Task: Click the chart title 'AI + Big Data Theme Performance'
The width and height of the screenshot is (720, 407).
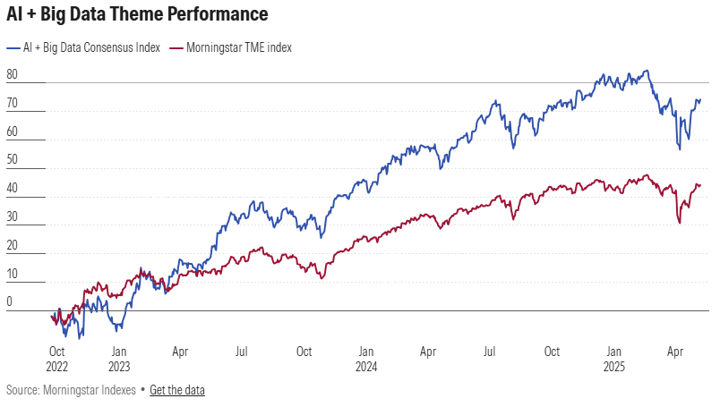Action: [x=137, y=15]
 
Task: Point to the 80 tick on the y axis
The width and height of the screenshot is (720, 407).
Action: [x=12, y=74]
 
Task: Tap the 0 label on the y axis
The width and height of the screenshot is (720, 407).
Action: [x=9, y=302]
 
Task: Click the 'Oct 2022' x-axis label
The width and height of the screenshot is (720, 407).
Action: [x=57, y=360]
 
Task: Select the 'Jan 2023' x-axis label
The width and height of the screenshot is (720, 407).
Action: [x=119, y=360]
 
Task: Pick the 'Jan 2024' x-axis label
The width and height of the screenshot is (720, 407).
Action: [x=365, y=360]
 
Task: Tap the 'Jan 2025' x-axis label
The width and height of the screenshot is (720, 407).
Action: [x=613, y=360]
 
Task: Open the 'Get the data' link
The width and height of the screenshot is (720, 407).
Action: [x=177, y=390]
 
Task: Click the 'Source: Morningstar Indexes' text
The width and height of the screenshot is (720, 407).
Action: [x=71, y=390]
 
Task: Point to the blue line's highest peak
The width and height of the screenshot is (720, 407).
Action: [x=647, y=71]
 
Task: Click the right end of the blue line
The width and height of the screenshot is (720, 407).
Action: [x=700, y=100]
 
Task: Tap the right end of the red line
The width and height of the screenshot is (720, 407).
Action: [x=700, y=185]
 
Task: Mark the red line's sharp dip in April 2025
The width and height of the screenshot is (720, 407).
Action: [x=680, y=223]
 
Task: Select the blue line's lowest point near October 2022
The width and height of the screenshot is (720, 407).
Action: [x=79, y=338]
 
